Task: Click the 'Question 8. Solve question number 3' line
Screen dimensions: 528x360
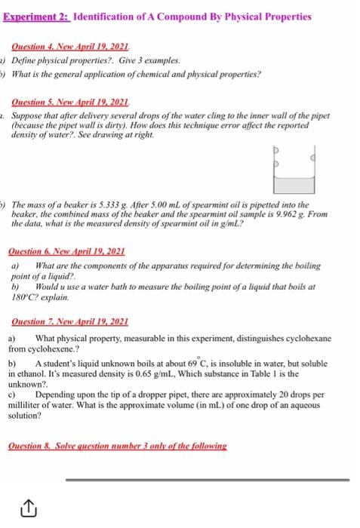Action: click(x=118, y=446)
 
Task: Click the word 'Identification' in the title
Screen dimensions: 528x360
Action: click(x=103, y=16)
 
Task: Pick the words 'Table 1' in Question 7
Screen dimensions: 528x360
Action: click(x=288, y=372)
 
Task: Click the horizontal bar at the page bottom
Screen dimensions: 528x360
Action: click(x=210, y=478)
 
